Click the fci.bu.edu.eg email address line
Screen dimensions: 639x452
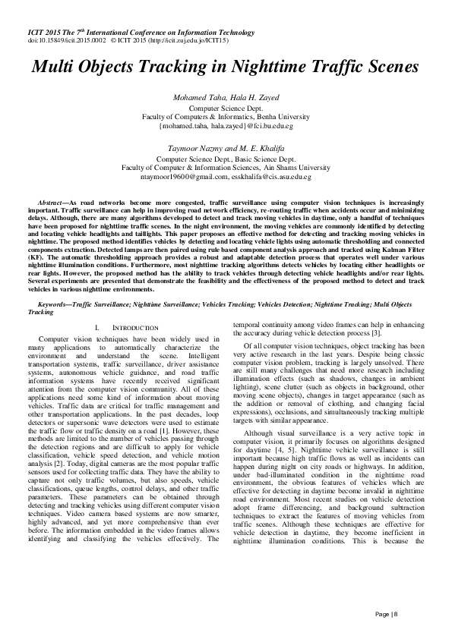225,126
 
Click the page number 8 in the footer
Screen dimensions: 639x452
396,614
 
